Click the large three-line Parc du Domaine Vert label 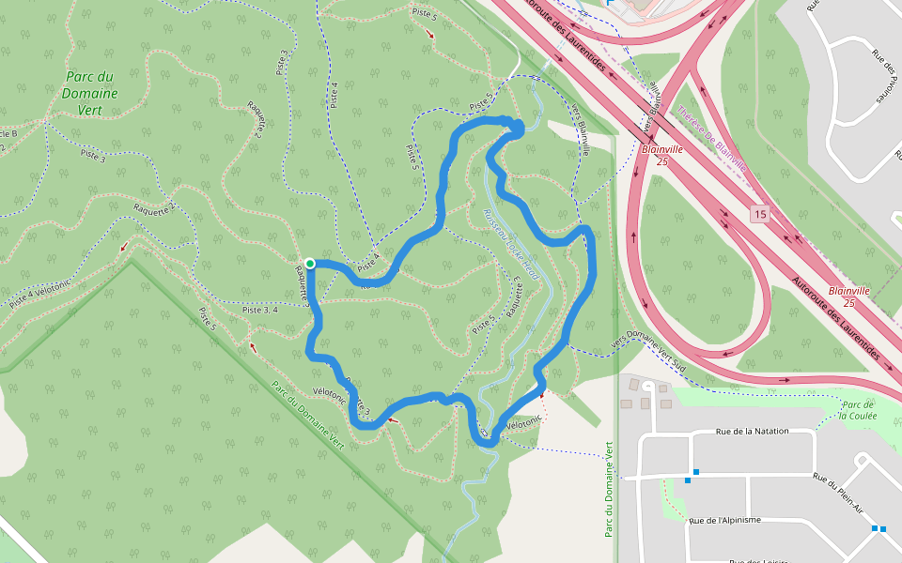pos(91,93)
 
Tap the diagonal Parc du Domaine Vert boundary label pos(308,414)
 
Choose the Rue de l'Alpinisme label pos(724,520)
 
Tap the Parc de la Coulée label pos(857,409)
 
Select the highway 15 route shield pos(759,216)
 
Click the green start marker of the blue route pos(309,263)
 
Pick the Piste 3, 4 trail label pos(259,310)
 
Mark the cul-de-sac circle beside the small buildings pos(647,386)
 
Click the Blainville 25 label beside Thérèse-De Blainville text pos(662,155)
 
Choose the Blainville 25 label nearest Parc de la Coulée pos(848,297)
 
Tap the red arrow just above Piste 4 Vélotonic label pos(124,247)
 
